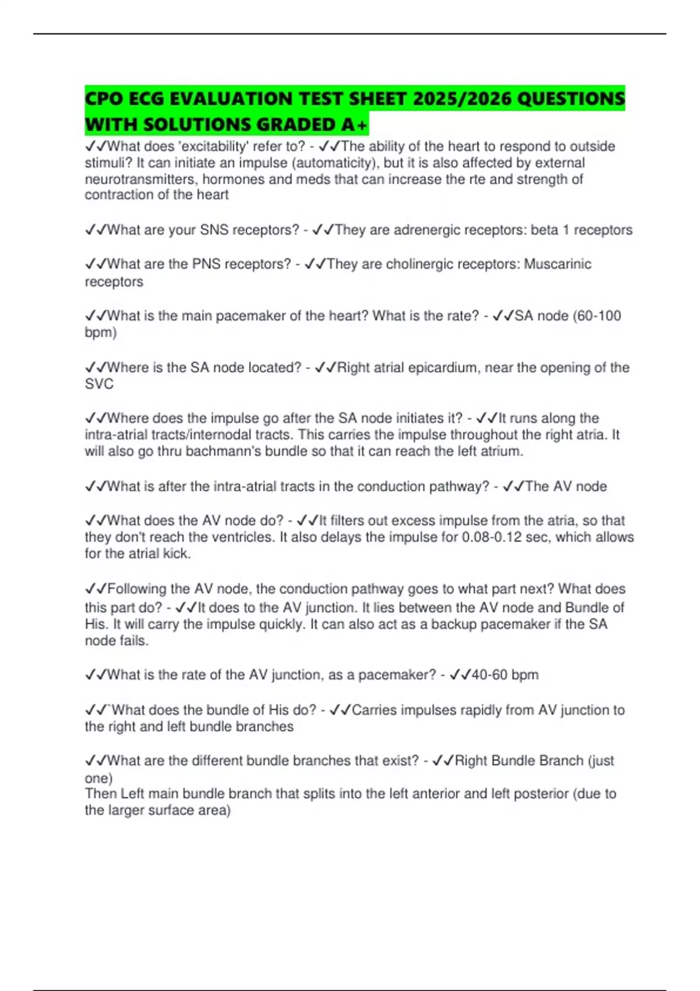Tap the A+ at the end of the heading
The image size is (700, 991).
click(353, 125)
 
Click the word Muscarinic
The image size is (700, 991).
click(557, 264)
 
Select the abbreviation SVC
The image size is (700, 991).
click(99, 384)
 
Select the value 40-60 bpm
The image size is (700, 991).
click(505, 675)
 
